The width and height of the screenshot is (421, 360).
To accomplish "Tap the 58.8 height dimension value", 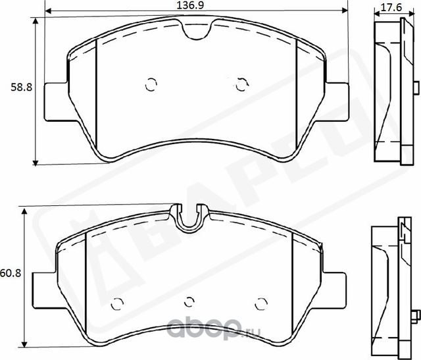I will click(16, 86).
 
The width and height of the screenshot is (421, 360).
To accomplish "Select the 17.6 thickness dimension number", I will click(392, 7).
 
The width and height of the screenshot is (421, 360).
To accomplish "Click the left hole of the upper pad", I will click(151, 84).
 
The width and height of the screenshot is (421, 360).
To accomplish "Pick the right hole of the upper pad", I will click(241, 84).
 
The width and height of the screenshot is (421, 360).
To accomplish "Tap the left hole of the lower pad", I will click(118, 303).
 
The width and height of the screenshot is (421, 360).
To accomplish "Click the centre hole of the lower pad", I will click(189, 301).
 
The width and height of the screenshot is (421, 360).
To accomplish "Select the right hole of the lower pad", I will click(260, 303).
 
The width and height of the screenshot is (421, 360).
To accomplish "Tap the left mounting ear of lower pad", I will click(44, 290).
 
